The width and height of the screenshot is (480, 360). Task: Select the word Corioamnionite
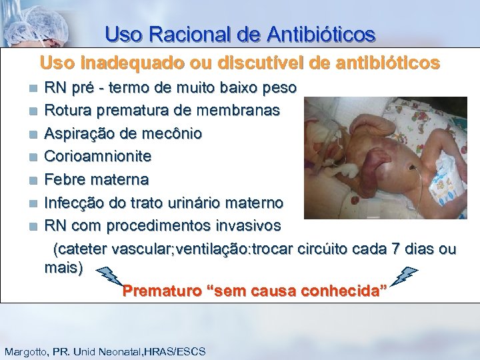click(97, 157)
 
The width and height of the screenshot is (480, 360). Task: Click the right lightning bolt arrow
click(405, 275)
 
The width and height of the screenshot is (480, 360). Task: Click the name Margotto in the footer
click(26, 351)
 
